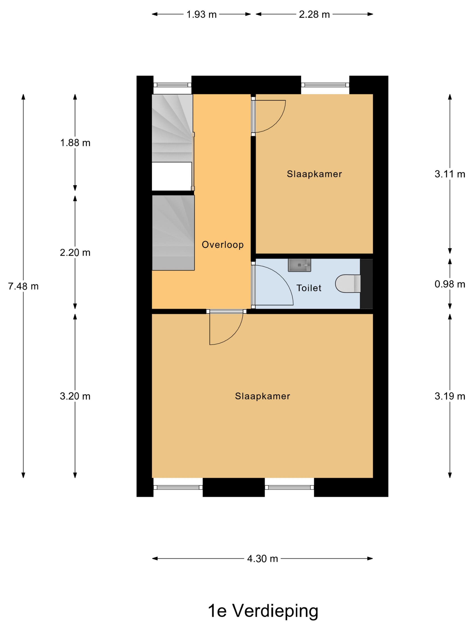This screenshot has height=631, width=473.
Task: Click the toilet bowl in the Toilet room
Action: [x=348, y=283]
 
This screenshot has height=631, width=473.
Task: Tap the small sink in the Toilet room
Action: [x=299, y=265]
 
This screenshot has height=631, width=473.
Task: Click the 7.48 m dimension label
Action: [x=23, y=286]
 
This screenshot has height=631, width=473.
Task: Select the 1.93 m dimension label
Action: [x=202, y=14]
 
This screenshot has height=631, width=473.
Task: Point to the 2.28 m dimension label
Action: [x=314, y=14]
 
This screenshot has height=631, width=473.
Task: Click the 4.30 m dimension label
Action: [x=263, y=558]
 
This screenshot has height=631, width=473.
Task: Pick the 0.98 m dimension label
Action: [x=450, y=284]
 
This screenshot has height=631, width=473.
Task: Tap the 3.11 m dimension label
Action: [x=450, y=174]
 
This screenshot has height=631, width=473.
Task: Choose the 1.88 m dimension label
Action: [x=75, y=143]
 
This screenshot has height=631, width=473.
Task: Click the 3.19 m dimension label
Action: [x=450, y=396]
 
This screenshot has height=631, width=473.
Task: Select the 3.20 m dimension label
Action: [x=75, y=396]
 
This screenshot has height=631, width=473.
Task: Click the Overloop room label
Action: [x=223, y=245]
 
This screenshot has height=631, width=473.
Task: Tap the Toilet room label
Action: [x=309, y=288]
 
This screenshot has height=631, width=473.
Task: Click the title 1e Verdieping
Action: [x=263, y=611]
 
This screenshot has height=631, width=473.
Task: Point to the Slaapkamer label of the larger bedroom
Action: [x=263, y=396]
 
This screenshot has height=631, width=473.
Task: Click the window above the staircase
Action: [x=173, y=85]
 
